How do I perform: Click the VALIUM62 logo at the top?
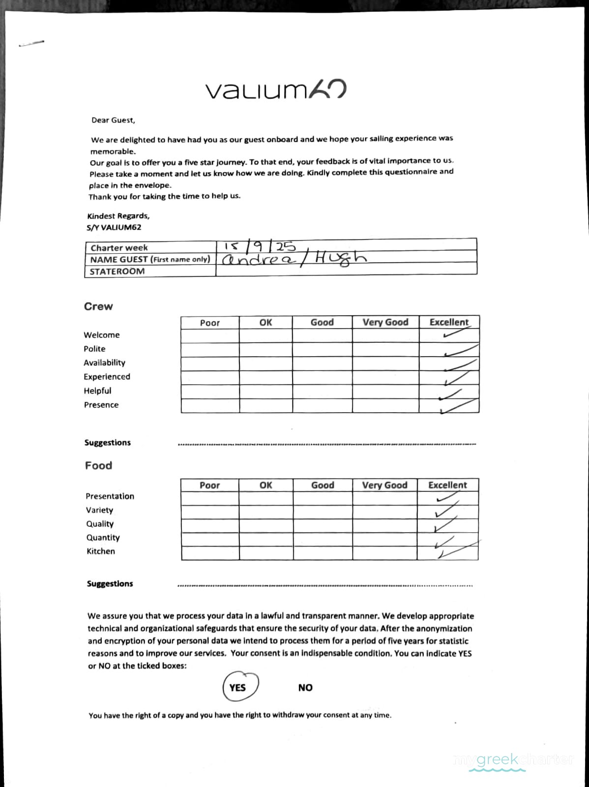(275, 90)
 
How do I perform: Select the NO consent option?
(305, 688)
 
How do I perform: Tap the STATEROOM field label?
(117, 271)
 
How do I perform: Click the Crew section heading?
(98, 306)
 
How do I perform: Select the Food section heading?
(98, 465)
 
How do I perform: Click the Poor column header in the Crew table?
(210, 323)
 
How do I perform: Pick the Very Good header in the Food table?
(384, 485)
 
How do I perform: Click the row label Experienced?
(107, 377)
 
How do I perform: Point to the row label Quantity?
(103, 538)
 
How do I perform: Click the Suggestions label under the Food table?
(110, 584)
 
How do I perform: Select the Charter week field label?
(119, 248)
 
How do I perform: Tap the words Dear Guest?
(113, 120)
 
